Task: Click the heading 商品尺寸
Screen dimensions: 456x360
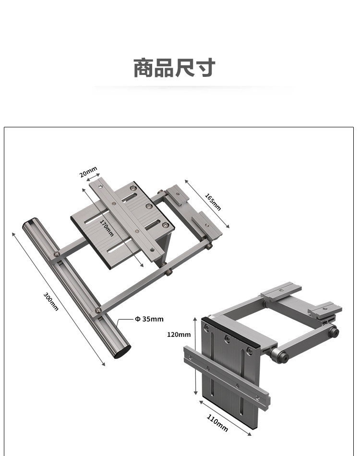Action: [x=174, y=68]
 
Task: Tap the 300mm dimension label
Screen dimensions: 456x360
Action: [x=51, y=301]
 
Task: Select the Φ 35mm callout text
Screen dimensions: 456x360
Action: [x=149, y=319]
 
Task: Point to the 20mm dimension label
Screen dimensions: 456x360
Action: [x=88, y=172]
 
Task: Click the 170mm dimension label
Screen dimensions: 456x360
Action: [x=107, y=228]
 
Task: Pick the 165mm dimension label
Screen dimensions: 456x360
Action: [x=213, y=201]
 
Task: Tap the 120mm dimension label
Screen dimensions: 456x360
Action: [x=179, y=334]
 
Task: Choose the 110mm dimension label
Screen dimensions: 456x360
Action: [x=217, y=422]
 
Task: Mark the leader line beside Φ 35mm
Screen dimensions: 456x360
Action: [x=126, y=319]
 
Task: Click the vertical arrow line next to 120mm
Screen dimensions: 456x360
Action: [x=195, y=356]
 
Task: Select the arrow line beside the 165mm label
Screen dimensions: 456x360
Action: [x=207, y=204]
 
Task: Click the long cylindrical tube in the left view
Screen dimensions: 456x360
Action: [x=77, y=288]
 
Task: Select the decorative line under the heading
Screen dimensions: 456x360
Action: [x=192, y=88]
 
